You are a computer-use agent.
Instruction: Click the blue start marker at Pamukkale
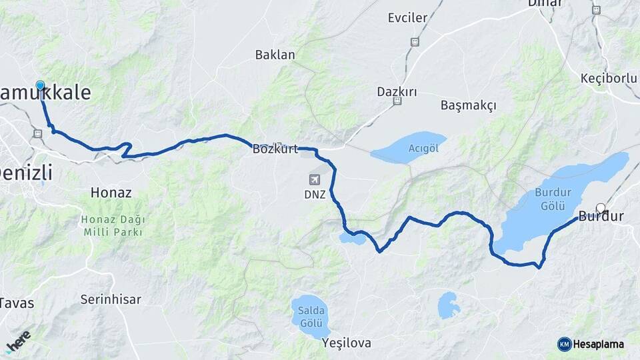pyautogui.click(x=40, y=85)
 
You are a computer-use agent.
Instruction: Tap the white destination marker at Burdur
pyautogui.click(x=601, y=208)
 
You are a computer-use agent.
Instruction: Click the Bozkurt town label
pyautogui.click(x=275, y=149)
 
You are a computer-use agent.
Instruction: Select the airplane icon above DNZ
pyautogui.click(x=315, y=179)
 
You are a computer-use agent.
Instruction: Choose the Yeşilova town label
pyautogui.click(x=346, y=343)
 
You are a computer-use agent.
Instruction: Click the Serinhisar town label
pyautogui.click(x=111, y=299)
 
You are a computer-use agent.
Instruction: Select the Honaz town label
pyautogui.click(x=111, y=193)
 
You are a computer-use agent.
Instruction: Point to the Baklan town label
pyautogui.click(x=275, y=55)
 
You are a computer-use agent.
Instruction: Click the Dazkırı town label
pyautogui.click(x=397, y=91)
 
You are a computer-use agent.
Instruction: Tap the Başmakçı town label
pyautogui.click(x=469, y=105)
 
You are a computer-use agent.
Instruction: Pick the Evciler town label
pyautogui.click(x=407, y=18)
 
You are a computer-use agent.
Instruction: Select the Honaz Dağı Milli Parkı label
pyautogui.click(x=113, y=226)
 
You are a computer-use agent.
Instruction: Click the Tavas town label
pyautogui.click(x=16, y=303)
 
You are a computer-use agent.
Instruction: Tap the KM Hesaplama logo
pyautogui.click(x=591, y=344)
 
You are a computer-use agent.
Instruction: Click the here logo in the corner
pyautogui.click(x=18, y=340)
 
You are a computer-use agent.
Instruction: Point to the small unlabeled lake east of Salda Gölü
pyautogui.click(x=449, y=305)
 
